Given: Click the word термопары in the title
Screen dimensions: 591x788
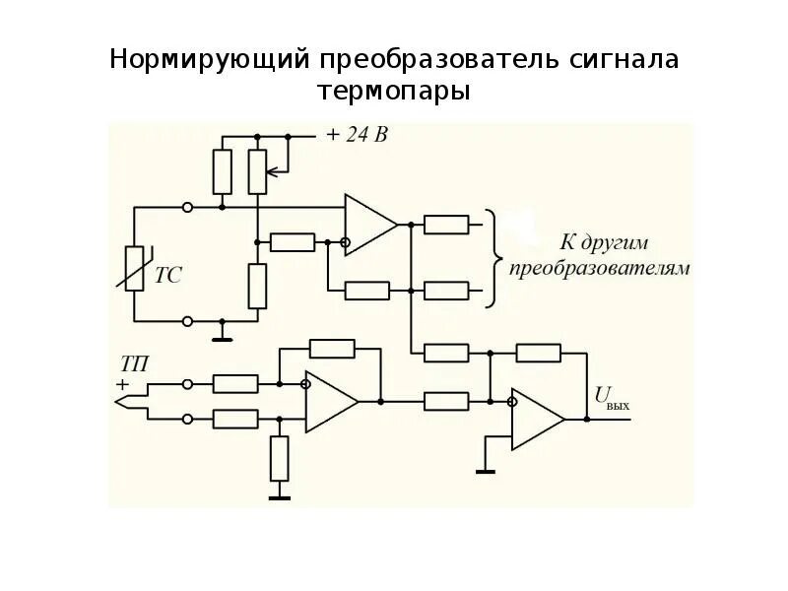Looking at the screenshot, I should pos(394,92).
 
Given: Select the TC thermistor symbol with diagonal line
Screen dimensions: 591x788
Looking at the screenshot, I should pos(136,267).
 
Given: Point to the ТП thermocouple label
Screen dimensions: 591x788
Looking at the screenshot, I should pos(134,364).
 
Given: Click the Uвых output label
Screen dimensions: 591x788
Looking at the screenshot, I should pos(611,397).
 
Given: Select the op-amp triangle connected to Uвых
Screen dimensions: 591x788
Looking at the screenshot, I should pos(534,418).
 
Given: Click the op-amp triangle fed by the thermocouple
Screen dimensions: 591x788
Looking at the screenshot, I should pos(329,402).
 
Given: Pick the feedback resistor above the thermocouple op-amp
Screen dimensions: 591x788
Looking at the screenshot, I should pos(332,348).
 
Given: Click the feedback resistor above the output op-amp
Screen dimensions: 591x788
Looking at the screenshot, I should pos(538,353).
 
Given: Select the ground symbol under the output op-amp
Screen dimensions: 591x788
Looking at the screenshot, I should pos(485,470).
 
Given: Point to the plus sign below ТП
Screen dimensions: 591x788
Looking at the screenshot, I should pos(123,384).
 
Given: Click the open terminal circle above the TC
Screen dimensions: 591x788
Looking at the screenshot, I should pos(188,208).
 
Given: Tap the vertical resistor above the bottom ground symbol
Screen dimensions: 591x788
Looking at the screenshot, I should pos(280,458).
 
